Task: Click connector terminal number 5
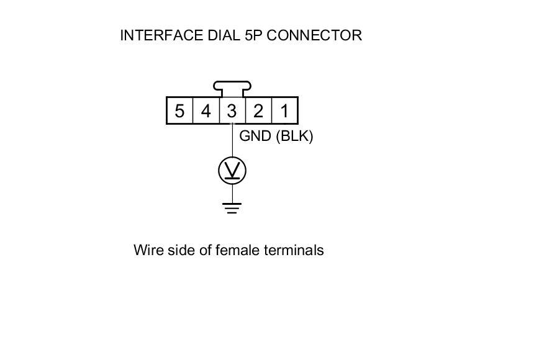[179, 111]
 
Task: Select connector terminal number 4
[206, 111]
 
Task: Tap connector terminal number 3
[232, 111]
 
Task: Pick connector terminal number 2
[258, 111]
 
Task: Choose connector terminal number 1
[284, 111]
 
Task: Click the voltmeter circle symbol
[232, 171]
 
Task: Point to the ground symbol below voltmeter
[232, 207]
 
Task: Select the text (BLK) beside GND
[294, 136]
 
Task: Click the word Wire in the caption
[147, 250]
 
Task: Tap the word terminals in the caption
[294, 250]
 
